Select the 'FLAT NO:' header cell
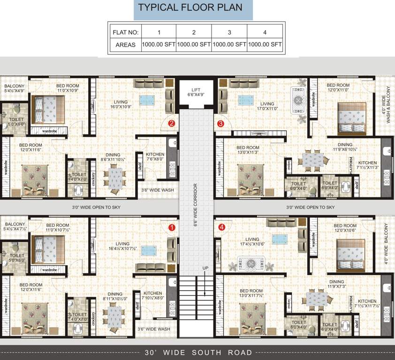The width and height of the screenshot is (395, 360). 124,32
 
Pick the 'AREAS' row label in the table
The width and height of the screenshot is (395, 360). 124,45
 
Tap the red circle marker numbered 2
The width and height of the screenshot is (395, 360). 172,124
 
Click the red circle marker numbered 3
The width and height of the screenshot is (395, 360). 220,124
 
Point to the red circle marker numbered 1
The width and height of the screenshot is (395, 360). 172,228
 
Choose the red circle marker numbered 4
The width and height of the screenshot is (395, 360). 221,228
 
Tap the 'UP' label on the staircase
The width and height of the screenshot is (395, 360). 205,268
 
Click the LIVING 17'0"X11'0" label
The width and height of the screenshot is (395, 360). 267,106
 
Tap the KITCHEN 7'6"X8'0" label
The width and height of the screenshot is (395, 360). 155,157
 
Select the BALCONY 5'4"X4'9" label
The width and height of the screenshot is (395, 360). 15,89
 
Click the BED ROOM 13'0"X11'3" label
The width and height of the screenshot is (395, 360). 249,150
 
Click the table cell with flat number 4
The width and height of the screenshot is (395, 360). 265,32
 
